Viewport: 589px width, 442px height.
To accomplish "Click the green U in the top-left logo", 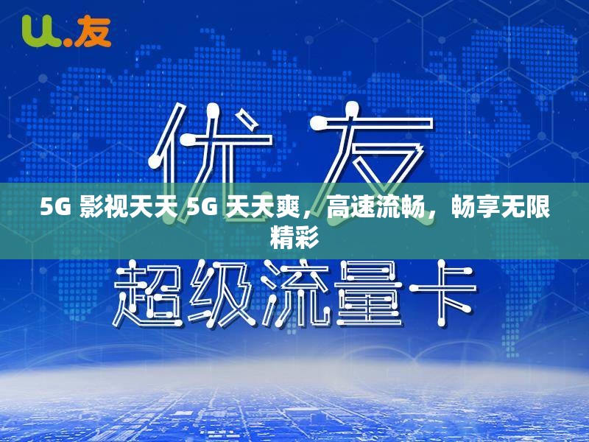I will pos(38,31).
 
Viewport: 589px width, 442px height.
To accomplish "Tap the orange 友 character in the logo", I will pos(94,31).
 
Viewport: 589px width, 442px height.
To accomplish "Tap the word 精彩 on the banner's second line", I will pos(294,237).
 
